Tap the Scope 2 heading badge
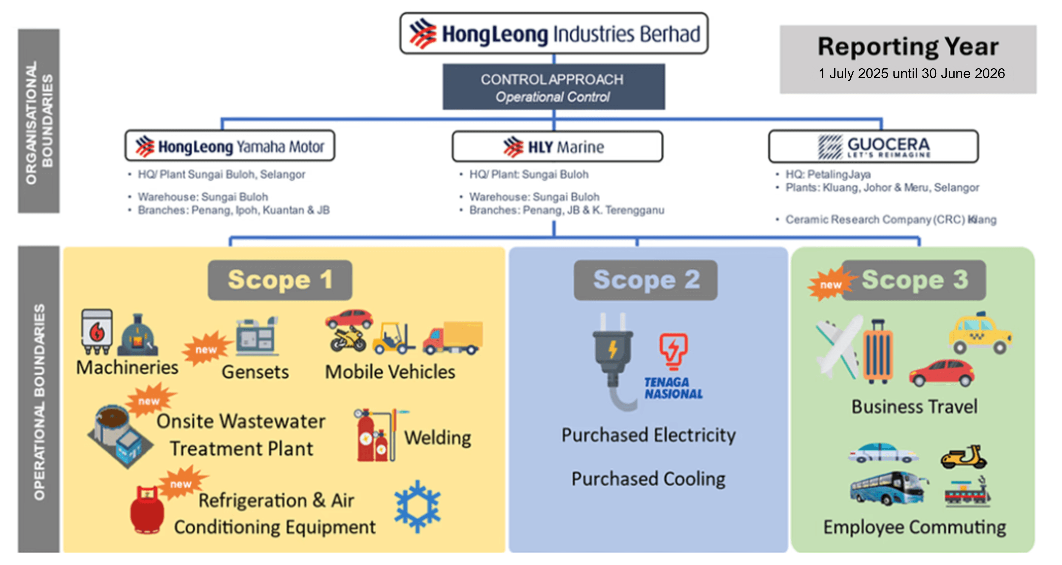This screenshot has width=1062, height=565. point(645,280)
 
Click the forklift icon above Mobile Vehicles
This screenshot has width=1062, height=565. point(393,338)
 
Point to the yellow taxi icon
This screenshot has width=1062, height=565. point(980,333)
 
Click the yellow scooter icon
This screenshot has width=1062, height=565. point(963,457)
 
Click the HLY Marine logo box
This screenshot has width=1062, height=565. point(557,146)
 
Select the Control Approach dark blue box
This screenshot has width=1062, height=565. point(553,87)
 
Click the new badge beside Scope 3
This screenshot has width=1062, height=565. point(829,284)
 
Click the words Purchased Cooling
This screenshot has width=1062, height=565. point(648,479)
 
